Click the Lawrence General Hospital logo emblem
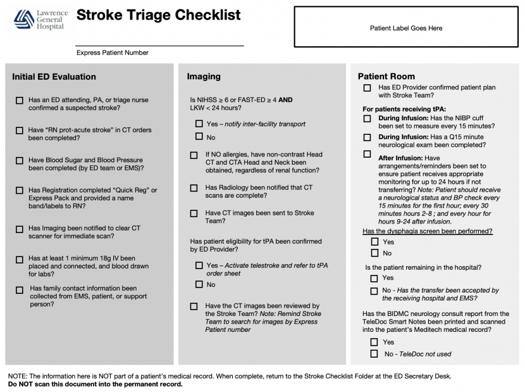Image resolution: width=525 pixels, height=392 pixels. [24, 19]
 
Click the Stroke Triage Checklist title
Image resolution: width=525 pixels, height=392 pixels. [158, 15]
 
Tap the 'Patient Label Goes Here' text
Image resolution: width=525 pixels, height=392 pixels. [406, 28]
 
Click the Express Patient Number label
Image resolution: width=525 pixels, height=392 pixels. [113, 53]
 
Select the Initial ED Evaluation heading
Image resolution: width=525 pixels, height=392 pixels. [54, 77]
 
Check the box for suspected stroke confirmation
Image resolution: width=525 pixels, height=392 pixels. [20, 100]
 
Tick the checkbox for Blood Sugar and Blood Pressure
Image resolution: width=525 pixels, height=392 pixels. [20, 161]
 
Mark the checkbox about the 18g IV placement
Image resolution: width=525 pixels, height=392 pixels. [20, 260]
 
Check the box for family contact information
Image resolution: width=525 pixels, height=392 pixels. [20, 289]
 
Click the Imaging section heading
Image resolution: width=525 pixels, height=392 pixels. [204, 77]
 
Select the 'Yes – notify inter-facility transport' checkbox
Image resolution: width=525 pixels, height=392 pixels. [199, 123]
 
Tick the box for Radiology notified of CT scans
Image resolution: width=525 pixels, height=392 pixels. [194, 188]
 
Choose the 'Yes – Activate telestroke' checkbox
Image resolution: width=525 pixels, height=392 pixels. [199, 265]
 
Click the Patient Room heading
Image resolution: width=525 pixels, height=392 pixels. [386, 77]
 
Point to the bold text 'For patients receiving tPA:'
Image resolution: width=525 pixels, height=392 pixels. [404, 109]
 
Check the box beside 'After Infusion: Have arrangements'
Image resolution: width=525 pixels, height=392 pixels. [367, 154]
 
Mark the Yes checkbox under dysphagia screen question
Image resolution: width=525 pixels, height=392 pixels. [374, 241]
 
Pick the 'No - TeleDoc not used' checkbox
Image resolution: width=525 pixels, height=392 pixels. [374, 353]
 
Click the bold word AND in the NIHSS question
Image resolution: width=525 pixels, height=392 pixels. [285, 100]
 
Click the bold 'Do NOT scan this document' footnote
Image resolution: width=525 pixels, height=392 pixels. [96, 384]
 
